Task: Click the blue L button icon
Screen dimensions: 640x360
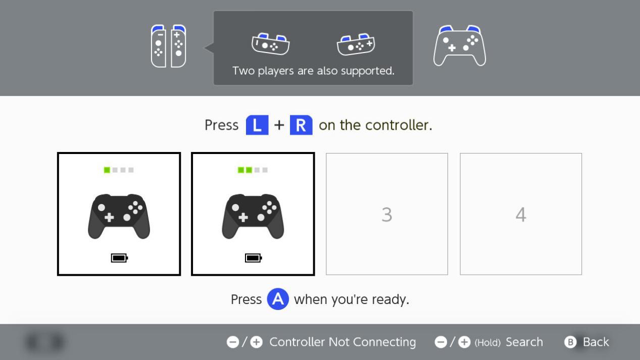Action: (x=257, y=125)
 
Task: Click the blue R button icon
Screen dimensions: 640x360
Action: (x=301, y=125)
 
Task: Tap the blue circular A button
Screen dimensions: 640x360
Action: (x=278, y=299)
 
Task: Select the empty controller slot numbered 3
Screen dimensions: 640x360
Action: (x=387, y=214)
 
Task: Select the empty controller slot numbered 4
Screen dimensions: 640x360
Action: (x=521, y=214)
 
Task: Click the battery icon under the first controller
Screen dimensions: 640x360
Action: (x=119, y=258)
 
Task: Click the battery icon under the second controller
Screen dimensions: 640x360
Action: (x=254, y=258)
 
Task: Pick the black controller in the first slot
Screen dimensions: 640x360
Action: (x=119, y=216)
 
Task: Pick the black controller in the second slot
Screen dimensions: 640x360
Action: (x=253, y=216)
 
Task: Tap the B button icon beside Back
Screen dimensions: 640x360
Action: (x=571, y=342)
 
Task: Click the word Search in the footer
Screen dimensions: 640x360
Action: (x=524, y=342)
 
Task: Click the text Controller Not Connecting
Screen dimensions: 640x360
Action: (x=342, y=342)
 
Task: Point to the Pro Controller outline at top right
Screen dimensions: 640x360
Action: (x=460, y=45)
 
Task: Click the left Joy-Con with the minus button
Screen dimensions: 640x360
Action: (x=159, y=46)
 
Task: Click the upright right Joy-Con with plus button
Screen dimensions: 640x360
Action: (x=178, y=46)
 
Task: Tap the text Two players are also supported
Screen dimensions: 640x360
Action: (x=313, y=71)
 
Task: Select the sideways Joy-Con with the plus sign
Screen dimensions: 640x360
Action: (x=356, y=44)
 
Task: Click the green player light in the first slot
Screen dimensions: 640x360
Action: (x=107, y=170)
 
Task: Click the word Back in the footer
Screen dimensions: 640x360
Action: (x=596, y=342)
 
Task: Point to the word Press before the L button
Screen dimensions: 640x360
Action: (x=222, y=125)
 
